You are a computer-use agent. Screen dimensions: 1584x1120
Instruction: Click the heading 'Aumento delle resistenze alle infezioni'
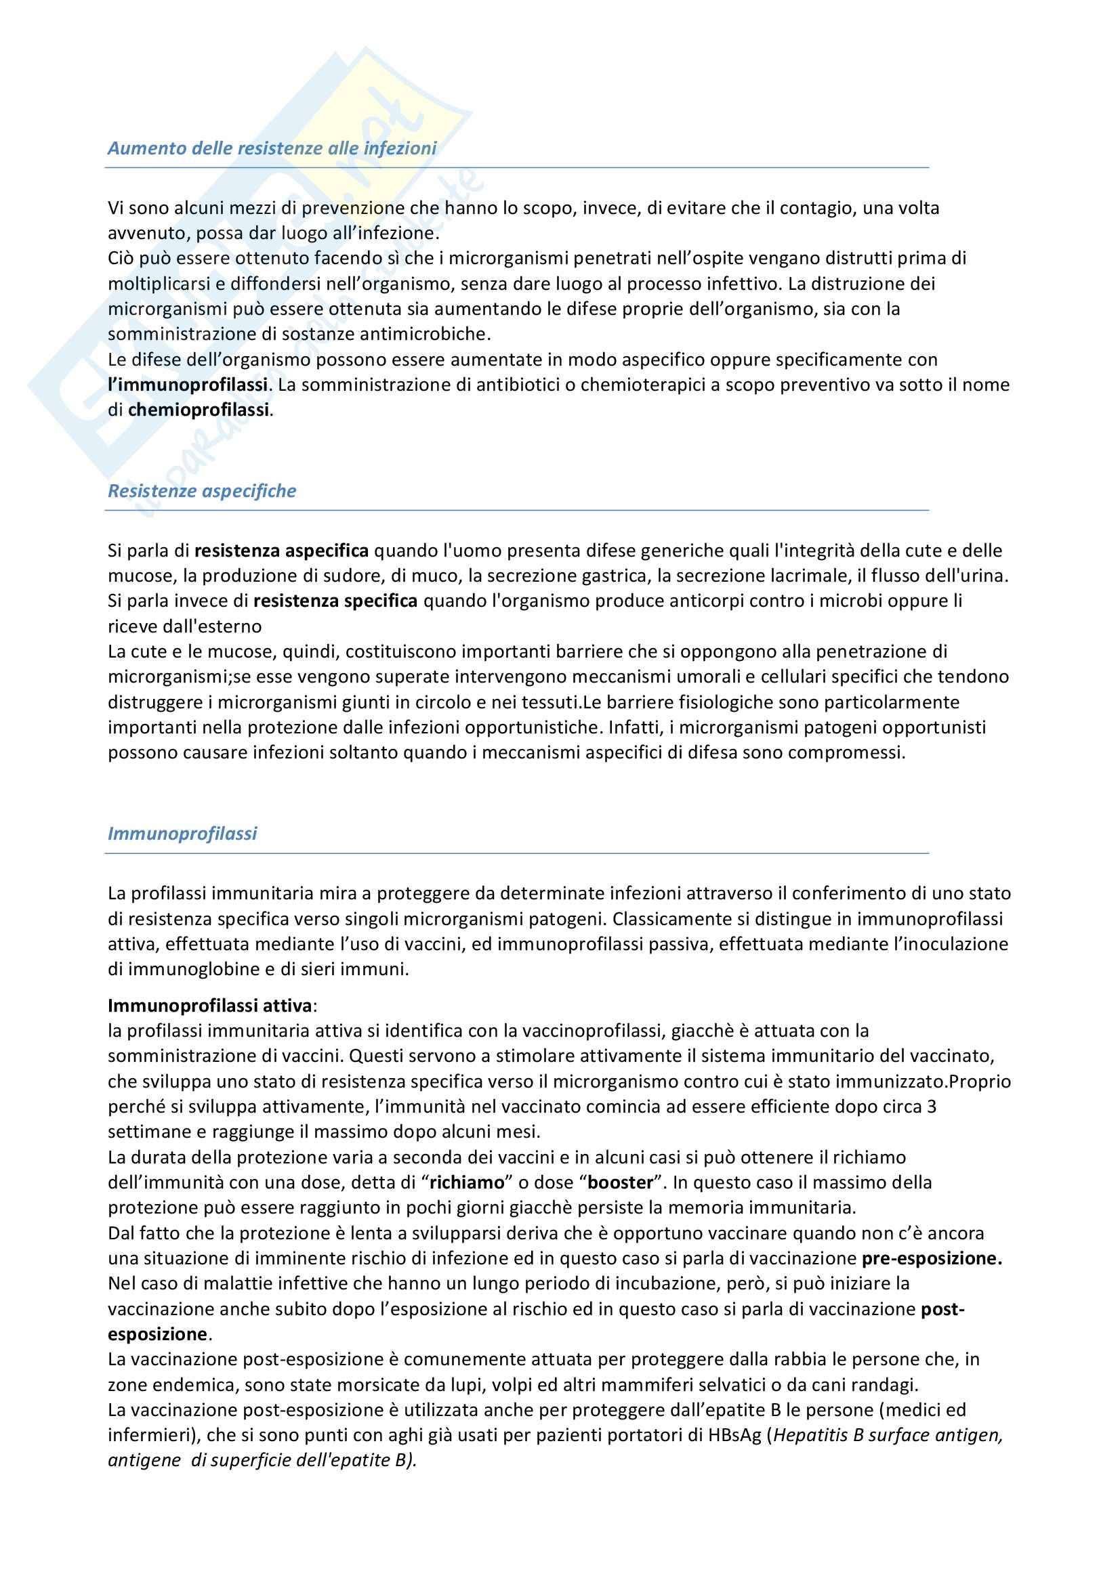[x=272, y=148]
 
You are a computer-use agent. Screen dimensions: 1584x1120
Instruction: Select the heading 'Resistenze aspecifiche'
[x=201, y=491]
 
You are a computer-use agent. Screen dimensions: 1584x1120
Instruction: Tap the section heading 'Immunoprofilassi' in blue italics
[x=182, y=834]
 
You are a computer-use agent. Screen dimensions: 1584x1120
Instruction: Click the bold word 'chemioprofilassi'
[x=199, y=410]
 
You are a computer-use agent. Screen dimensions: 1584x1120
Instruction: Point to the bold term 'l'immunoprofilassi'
[x=188, y=385]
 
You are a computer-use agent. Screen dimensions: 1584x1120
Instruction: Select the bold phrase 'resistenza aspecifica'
[x=282, y=551]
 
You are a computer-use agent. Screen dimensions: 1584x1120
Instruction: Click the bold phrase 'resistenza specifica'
[x=335, y=601]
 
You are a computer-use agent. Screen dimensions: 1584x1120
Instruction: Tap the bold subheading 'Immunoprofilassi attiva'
[x=210, y=1006]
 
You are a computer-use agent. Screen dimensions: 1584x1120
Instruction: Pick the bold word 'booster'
[x=621, y=1182]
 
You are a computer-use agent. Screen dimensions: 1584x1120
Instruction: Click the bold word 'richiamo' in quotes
[x=468, y=1182]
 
